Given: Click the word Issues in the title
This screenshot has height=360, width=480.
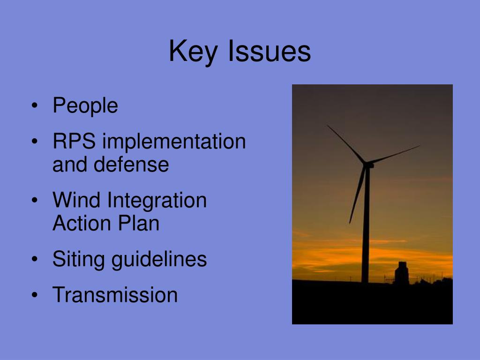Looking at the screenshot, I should tap(269, 52).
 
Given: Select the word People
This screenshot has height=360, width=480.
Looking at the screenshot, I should tap(85, 105).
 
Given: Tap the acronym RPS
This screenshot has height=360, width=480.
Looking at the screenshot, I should tap(74, 142).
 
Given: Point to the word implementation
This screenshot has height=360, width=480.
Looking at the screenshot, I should tap(174, 142).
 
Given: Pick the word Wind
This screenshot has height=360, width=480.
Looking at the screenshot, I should tap(77, 201).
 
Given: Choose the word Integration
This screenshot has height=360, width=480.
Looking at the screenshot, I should tap(157, 201).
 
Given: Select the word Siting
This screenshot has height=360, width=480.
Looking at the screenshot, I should tap(78, 259).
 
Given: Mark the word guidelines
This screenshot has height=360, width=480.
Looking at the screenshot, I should tap(159, 259).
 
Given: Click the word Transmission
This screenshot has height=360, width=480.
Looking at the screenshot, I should tap(115, 295).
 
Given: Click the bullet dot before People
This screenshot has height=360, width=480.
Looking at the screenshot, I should tap(35, 106).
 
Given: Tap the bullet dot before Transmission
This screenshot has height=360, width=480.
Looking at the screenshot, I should tap(35, 296).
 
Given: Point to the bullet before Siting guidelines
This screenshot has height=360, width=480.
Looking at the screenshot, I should tap(35, 260).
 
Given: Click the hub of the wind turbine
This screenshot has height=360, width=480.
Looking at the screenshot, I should tap(367, 165).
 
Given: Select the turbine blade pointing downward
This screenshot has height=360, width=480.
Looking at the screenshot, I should tap(357, 195).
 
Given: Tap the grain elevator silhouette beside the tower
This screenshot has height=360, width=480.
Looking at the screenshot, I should tap(401, 274).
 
